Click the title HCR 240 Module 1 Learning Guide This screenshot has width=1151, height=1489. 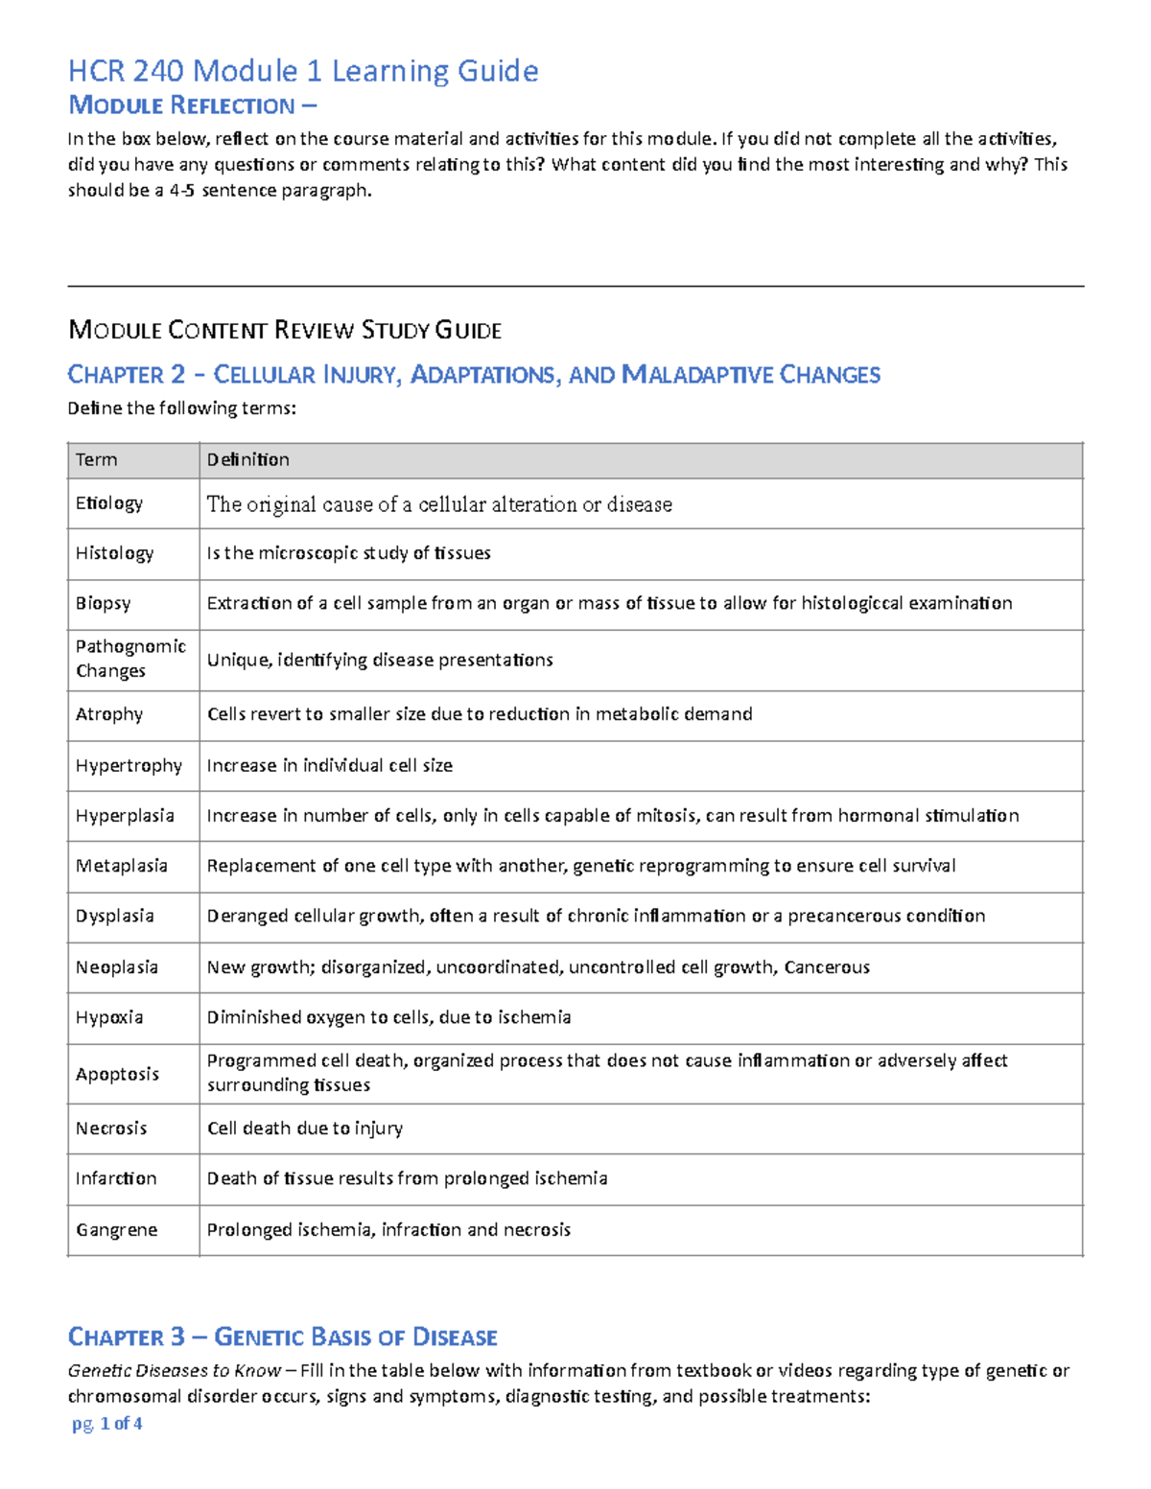pyautogui.click(x=302, y=71)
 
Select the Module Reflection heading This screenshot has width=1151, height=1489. pyautogui.click(x=191, y=105)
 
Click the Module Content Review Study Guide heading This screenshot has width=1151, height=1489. pyautogui.click(x=285, y=331)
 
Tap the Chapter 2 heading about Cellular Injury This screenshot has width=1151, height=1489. pyautogui.click(x=474, y=374)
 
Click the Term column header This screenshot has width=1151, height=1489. pyautogui.click(x=97, y=460)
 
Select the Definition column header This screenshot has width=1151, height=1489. pyautogui.click(x=248, y=460)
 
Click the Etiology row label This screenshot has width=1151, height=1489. pyautogui.click(x=109, y=503)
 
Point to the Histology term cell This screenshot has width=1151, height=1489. pyautogui.click(x=114, y=553)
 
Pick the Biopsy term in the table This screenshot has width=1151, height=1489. pyautogui.click(x=103, y=603)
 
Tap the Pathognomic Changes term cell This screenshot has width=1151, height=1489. pyautogui.click(x=130, y=659)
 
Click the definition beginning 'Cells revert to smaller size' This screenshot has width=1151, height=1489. pyautogui.click(x=480, y=714)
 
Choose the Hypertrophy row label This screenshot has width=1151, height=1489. pyautogui.click(x=129, y=765)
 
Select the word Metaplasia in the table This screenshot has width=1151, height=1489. pyautogui.click(x=122, y=866)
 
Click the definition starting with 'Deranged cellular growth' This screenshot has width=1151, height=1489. pyautogui.click(x=596, y=916)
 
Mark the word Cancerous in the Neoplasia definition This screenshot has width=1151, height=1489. pyautogui.click(x=827, y=967)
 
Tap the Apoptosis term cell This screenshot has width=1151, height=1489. pyautogui.click(x=117, y=1074)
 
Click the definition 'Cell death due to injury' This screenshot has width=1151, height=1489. pyautogui.click(x=305, y=1128)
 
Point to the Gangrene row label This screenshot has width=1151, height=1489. pyautogui.click(x=116, y=1230)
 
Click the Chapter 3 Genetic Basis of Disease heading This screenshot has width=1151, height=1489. pyautogui.click(x=283, y=1337)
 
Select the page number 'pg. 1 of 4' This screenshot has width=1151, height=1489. pyautogui.click(x=107, y=1424)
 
